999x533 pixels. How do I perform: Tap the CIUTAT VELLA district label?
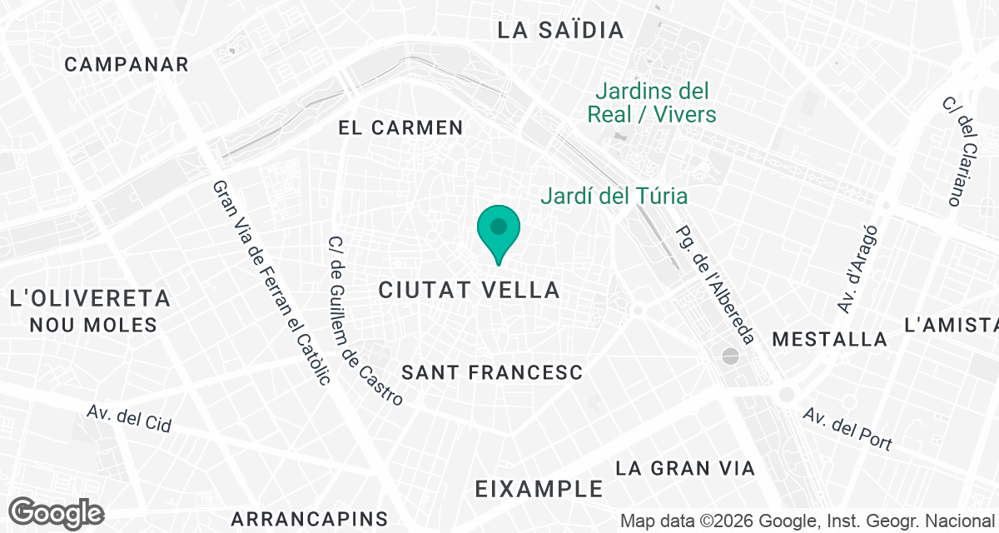tap(469, 290)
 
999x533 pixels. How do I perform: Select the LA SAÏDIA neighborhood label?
tap(560, 31)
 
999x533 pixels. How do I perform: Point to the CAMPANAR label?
tap(127, 64)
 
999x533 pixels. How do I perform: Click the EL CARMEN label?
tap(400, 127)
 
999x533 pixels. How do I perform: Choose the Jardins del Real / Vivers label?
tap(652, 102)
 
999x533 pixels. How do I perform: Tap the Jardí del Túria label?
tap(614, 197)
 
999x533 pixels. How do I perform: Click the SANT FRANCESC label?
tap(491, 372)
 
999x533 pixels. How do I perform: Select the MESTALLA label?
tap(829, 339)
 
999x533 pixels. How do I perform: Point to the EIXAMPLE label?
tap(539, 489)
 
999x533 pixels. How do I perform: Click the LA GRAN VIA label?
tap(685, 468)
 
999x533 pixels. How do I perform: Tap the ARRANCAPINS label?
tap(311, 518)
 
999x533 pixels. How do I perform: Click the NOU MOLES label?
tap(93, 325)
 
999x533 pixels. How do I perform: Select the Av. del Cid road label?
tap(129, 419)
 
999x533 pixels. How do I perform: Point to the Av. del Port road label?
tap(847, 430)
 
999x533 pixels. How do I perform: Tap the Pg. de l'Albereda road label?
tap(716, 284)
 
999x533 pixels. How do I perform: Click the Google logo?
tap(57, 513)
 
